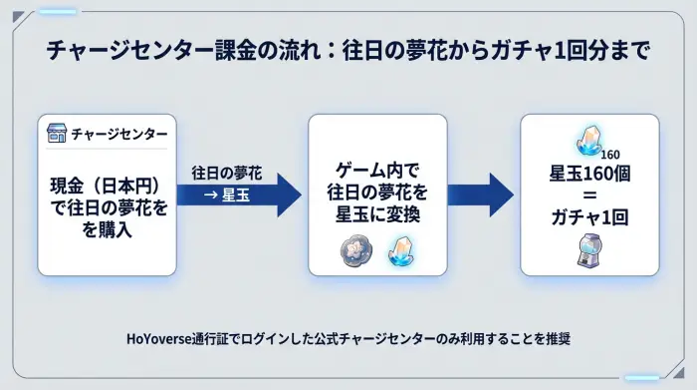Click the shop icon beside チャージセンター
pos(59,134)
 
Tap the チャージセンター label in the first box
pos(118,134)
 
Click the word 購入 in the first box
pos(120,228)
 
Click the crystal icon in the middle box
pos(399,249)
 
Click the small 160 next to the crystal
pos(609,155)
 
